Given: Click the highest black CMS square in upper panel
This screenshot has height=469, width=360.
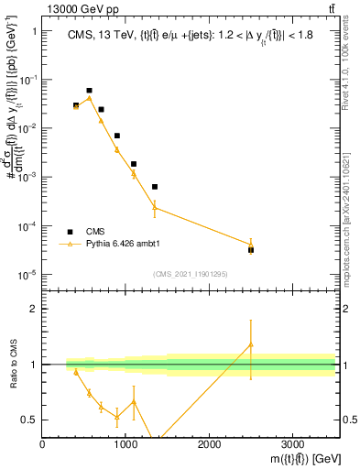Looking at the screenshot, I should [89, 91].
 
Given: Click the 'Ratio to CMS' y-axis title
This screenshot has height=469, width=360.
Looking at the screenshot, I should [11, 378].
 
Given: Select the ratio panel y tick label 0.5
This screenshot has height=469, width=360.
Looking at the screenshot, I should [30, 420].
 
